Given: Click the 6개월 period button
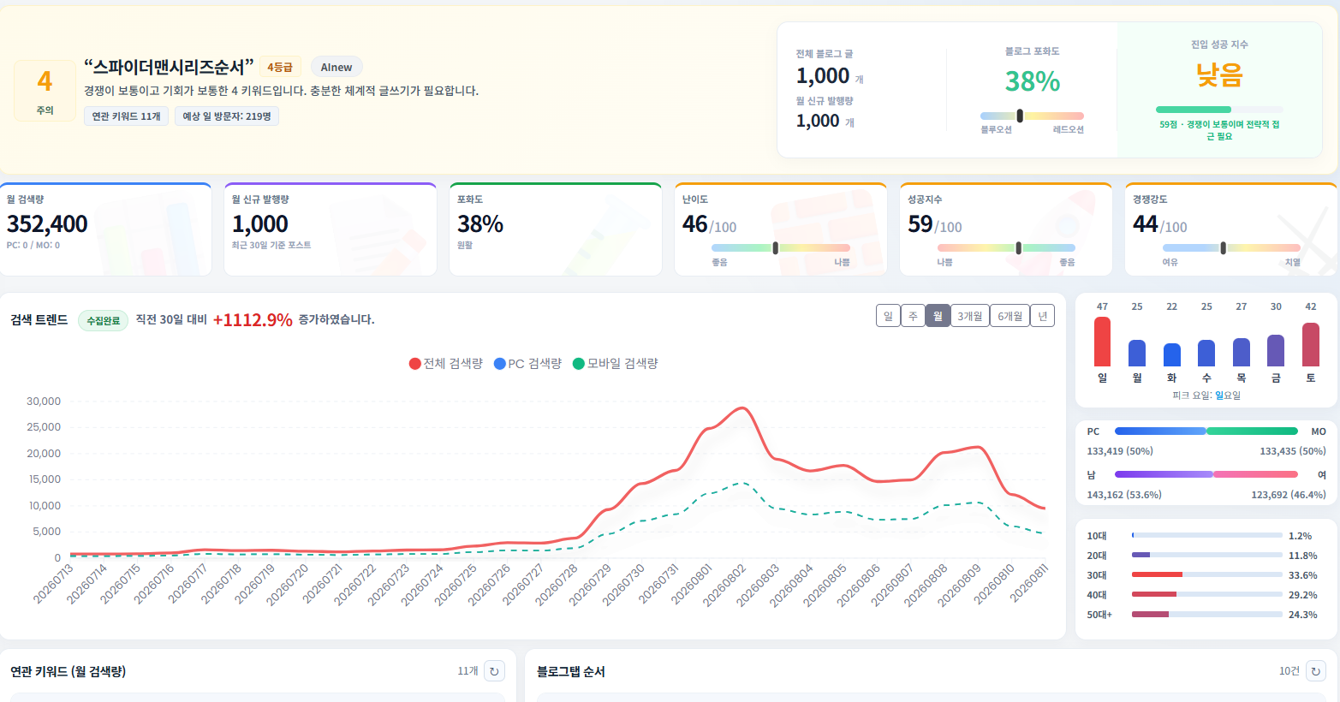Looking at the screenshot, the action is [x=1009, y=316].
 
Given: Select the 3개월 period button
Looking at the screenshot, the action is [x=970, y=316].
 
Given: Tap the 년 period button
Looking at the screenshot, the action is [x=1042, y=316].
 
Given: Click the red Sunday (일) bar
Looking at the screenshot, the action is [x=1102, y=342].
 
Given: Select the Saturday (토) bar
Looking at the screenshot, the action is [x=1311, y=344].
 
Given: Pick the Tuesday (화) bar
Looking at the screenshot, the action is [x=1172, y=354].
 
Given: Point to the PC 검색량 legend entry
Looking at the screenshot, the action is [x=527, y=364].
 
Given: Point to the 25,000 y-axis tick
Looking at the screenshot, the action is [x=44, y=427].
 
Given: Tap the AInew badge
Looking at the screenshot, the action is [x=336, y=67].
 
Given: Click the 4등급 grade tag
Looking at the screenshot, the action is [x=280, y=67].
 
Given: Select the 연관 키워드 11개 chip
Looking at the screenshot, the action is [x=126, y=116].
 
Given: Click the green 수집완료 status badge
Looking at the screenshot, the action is [x=103, y=320].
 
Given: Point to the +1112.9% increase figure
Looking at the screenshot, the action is [x=253, y=320].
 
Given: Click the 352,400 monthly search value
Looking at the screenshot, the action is [x=47, y=223].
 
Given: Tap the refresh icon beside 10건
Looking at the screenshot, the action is [x=1315, y=671].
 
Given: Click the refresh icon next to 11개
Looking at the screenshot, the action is [x=494, y=671].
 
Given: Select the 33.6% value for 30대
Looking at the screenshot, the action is [x=1302, y=575].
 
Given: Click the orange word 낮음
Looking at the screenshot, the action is [x=1219, y=75].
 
